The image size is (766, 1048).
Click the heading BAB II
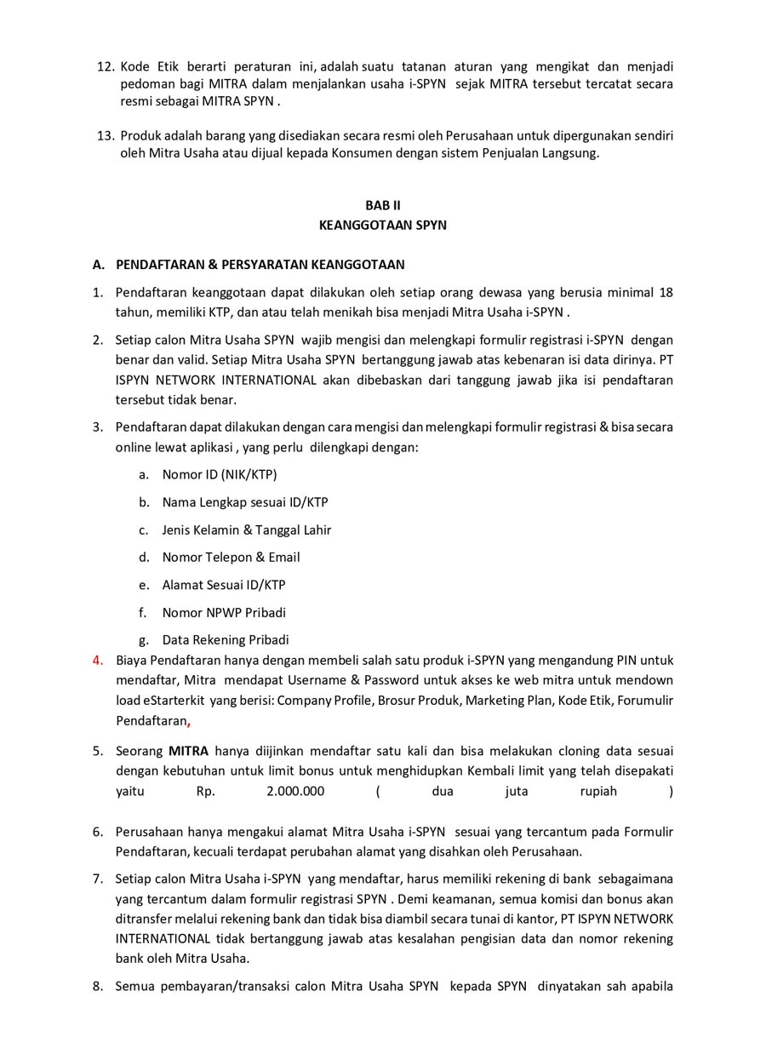coord(382,205)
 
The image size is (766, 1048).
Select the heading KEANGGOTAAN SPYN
coord(382,226)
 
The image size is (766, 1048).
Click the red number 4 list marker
coord(97,660)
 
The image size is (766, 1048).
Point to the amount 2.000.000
coord(295,791)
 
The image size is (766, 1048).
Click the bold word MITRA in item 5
coord(188,751)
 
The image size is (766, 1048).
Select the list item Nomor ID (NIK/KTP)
coord(220,474)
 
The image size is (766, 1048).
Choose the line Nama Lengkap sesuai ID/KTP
coord(245,502)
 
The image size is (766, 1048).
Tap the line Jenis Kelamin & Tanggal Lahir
coord(247,530)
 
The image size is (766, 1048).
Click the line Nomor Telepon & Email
coord(231,557)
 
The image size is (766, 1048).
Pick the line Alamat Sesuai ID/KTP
coord(224,585)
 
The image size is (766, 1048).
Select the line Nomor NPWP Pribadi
coord(224,612)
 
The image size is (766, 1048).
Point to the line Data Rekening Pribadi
coord(226,639)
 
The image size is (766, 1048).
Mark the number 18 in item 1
coord(666,292)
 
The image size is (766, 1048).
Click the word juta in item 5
coord(516,791)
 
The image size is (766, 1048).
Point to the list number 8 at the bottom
coord(97,987)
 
